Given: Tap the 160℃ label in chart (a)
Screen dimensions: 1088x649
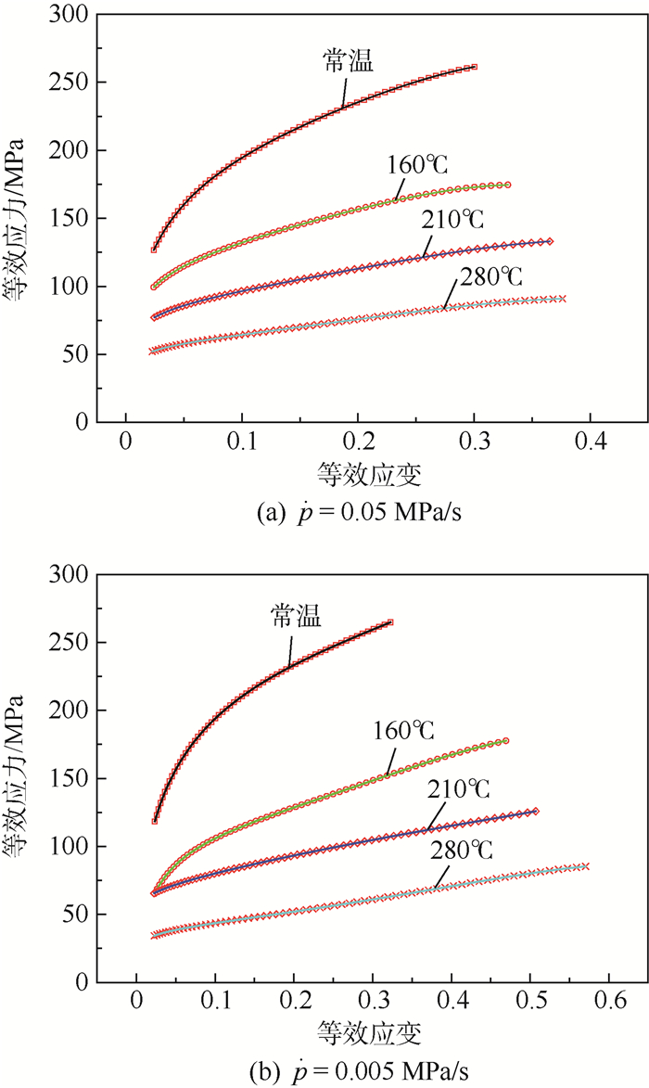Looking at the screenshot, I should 418,165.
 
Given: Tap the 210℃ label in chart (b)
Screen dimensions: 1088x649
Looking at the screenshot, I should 458,789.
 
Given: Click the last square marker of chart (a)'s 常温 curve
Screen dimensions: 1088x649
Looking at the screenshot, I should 474,67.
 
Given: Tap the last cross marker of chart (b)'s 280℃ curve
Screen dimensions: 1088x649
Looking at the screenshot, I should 587,866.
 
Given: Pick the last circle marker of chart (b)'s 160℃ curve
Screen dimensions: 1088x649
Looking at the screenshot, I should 505,741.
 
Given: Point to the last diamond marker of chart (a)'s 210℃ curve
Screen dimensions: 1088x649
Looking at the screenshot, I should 550,241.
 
